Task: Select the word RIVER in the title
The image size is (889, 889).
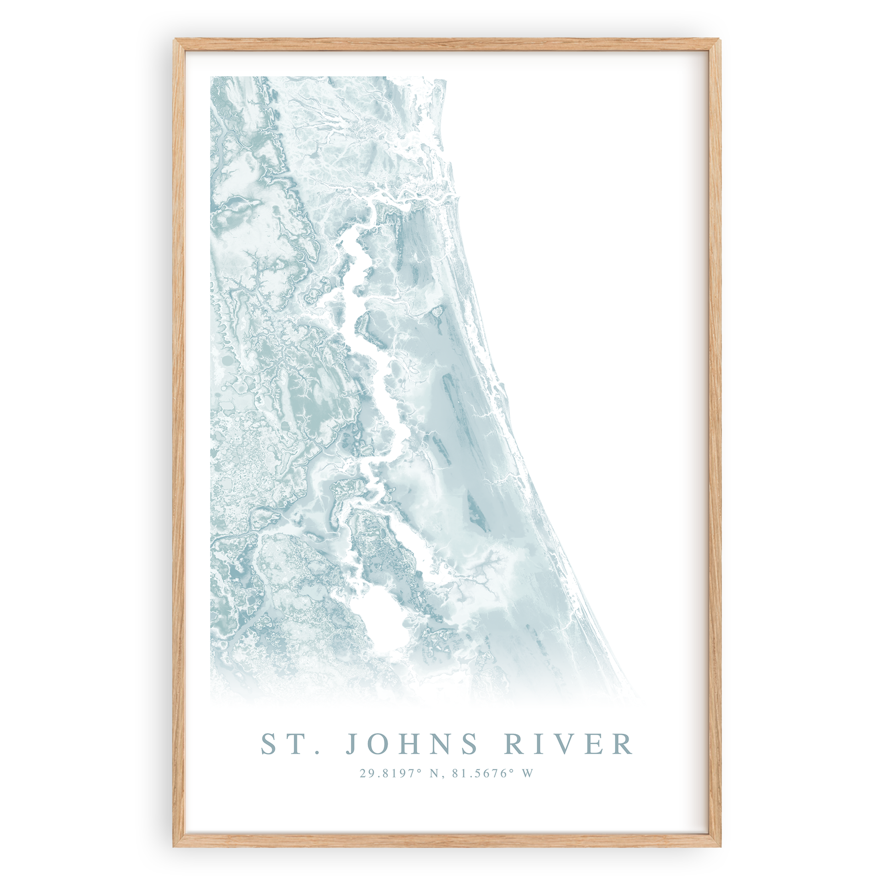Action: (569, 744)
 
